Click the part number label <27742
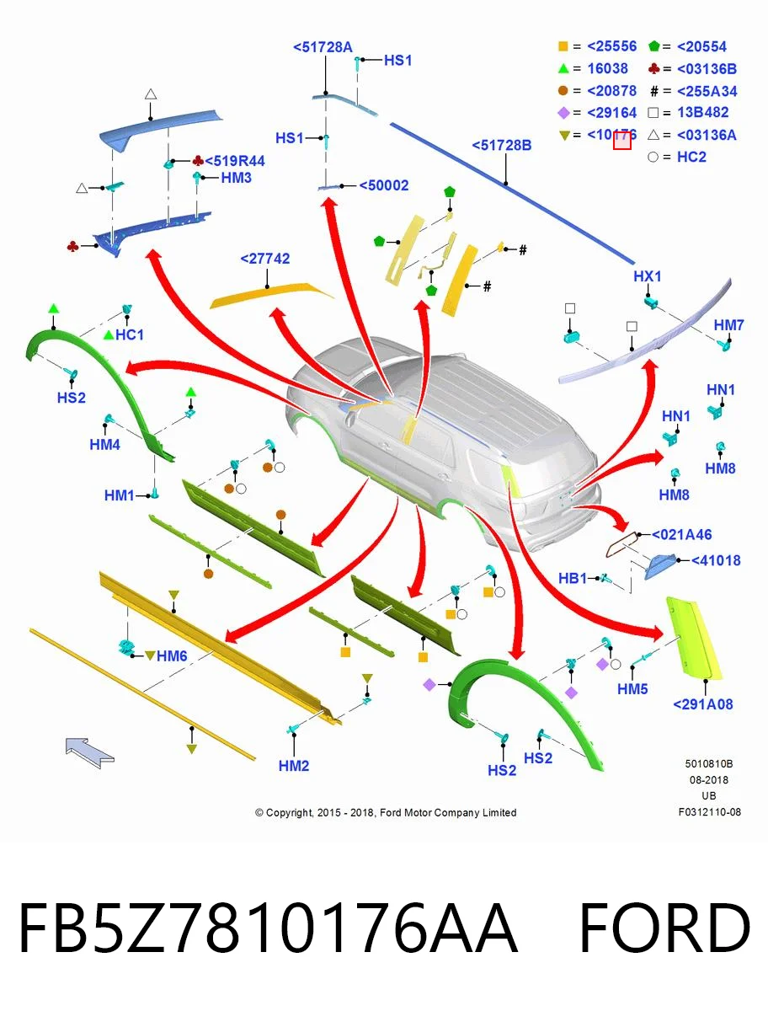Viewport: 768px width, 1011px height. [x=265, y=259]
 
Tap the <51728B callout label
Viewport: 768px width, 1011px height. [x=502, y=145]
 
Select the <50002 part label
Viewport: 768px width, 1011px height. [x=384, y=185]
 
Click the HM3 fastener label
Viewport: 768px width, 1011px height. [x=236, y=177]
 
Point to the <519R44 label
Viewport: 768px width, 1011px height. [x=235, y=161]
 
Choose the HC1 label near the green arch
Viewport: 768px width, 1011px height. [x=130, y=334]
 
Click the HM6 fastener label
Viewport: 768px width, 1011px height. [x=172, y=655]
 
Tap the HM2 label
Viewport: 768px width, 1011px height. [x=294, y=766]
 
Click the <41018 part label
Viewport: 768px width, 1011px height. [x=716, y=560]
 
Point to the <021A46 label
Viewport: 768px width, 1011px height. [x=682, y=534]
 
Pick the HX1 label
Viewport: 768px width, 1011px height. [x=648, y=275]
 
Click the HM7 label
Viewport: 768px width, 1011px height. [x=728, y=324]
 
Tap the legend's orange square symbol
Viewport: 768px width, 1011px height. [x=563, y=46]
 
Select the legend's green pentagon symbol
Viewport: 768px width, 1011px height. [x=653, y=45]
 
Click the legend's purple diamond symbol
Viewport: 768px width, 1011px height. [x=563, y=112]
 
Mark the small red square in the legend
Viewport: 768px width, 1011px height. [x=621, y=141]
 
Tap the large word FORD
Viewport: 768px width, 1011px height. [x=665, y=928]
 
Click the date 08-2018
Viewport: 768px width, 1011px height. [x=709, y=780]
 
